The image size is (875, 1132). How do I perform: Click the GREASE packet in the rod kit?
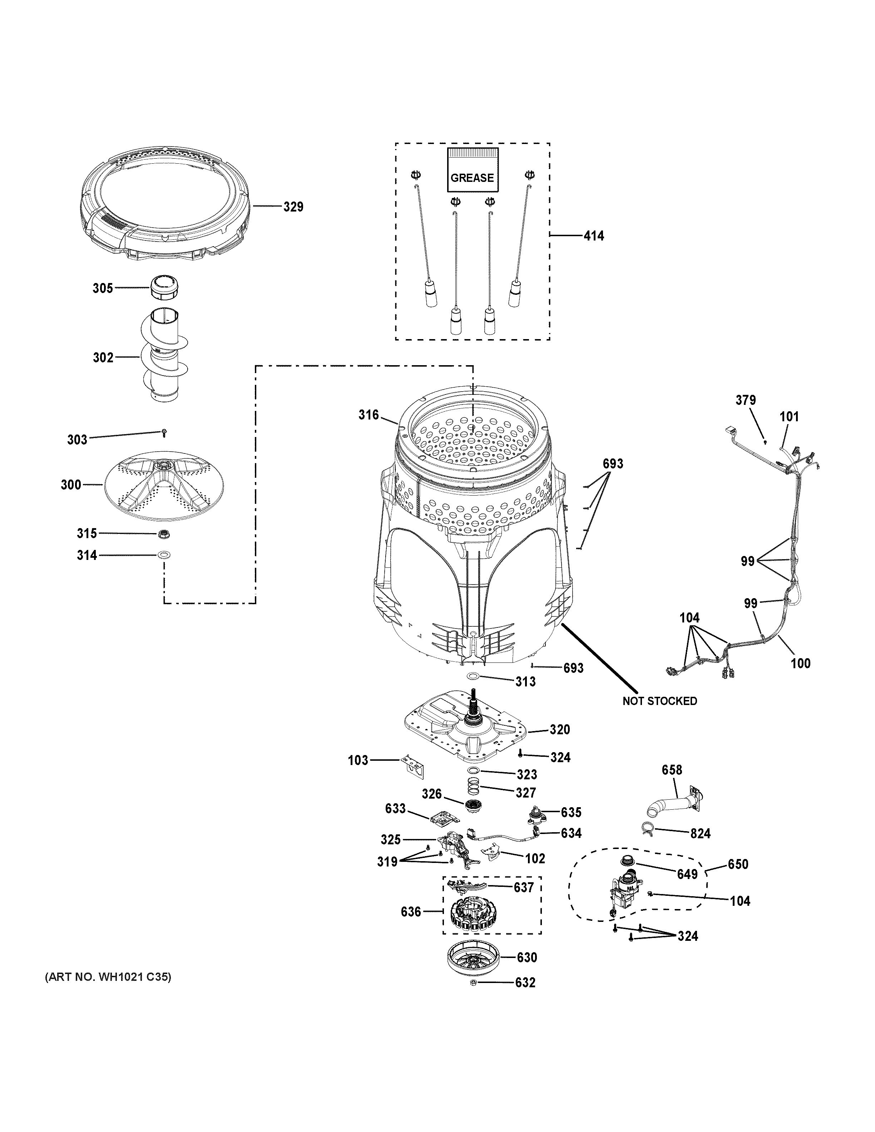click(472, 170)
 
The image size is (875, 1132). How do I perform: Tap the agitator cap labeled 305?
click(164, 287)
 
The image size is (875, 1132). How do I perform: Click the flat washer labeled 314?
click(164, 555)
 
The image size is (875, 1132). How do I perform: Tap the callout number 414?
click(594, 236)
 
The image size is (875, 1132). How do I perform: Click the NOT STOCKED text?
click(659, 701)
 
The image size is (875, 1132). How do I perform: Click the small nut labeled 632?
click(473, 982)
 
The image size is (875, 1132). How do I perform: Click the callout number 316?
click(369, 414)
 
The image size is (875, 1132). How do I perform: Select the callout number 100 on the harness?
click(800, 663)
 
